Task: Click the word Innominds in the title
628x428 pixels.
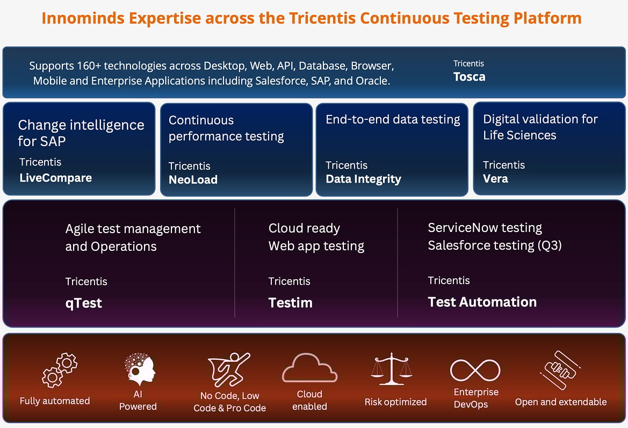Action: click(x=83, y=18)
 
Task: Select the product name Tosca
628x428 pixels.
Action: click(x=469, y=76)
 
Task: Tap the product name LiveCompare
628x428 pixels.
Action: click(x=56, y=178)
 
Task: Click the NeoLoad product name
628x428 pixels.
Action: click(x=193, y=179)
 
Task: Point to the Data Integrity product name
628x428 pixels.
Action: click(x=363, y=179)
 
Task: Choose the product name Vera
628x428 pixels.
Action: click(x=495, y=179)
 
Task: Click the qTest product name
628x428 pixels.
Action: click(x=83, y=303)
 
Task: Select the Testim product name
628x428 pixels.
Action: click(x=291, y=303)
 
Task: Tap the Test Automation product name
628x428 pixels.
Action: click(x=482, y=302)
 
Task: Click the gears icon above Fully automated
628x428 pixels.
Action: click(x=60, y=370)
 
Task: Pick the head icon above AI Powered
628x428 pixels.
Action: click(x=139, y=369)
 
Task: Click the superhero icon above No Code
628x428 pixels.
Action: click(x=229, y=369)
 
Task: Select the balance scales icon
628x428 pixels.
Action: click(x=391, y=369)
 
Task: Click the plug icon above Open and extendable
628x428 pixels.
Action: click(x=560, y=370)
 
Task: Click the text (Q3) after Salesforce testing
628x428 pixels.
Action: click(x=550, y=245)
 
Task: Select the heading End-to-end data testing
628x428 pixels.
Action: click(x=393, y=119)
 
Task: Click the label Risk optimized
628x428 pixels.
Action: click(x=396, y=402)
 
